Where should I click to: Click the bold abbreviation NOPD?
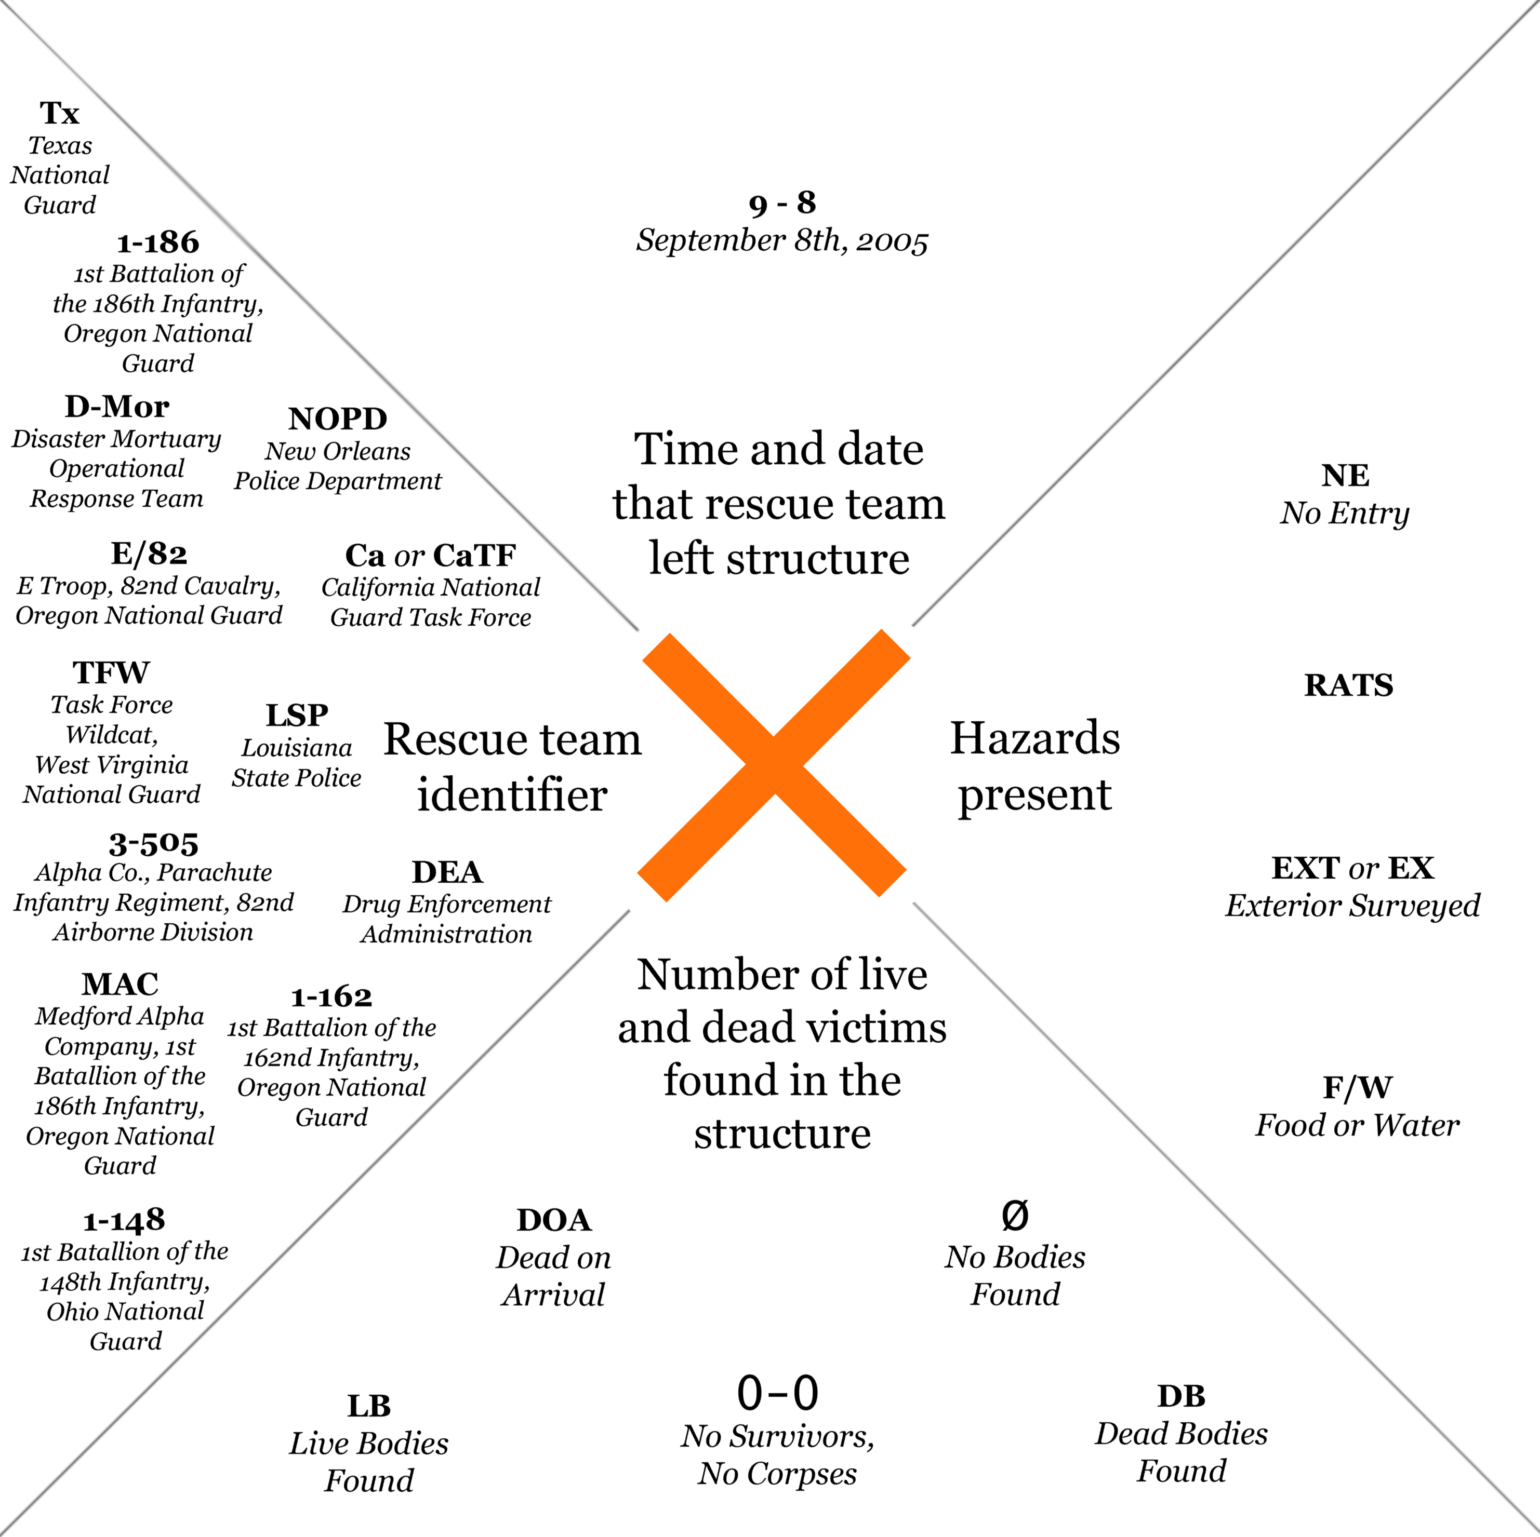click(338, 419)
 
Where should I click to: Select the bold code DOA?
click(554, 1220)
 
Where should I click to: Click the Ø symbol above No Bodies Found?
click(1015, 1215)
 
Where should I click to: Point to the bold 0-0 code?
click(777, 1393)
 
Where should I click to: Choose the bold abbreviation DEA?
click(447, 872)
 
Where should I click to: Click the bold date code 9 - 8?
click(782, 203)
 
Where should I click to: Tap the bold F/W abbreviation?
click(1358, 1087)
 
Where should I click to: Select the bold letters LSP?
click(297, 714)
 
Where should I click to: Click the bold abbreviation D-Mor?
click(117, 407)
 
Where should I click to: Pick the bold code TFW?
click(112, 672)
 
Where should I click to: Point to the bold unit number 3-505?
click(153, 843)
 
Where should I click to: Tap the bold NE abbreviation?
click(1346, 476)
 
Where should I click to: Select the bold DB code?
click(1181, 1396)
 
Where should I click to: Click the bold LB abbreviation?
click(369, 1406)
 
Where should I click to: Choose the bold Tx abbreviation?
click(60, 113)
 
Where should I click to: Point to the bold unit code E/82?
click(149, 553)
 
